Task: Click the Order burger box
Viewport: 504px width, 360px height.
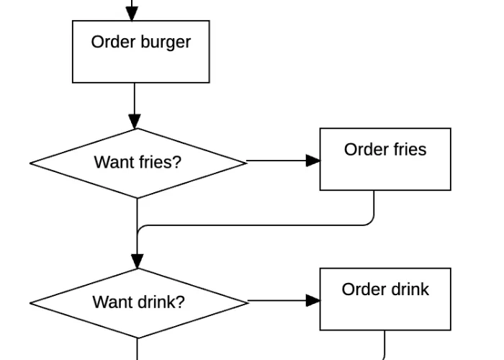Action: [x=141, y=52]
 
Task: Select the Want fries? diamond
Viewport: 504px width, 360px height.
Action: [x=138, y=163]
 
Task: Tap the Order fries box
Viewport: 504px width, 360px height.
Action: [x=385, y=159]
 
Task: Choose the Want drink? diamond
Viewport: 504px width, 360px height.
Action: [x=138, y=302]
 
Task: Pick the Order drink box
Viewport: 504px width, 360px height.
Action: [x=385, y=299]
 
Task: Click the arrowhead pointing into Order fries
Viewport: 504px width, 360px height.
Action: [x=313, y=161]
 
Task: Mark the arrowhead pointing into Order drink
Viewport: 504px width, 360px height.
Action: [x=313, y=300]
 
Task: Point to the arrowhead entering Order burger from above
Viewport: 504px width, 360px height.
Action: [x=132, y=14]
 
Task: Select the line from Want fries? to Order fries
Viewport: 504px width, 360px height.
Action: [x=277, y=161]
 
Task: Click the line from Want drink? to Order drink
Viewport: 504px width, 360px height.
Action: [x=277, y=300]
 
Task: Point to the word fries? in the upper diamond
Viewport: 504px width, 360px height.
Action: [x=161, y=162]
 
